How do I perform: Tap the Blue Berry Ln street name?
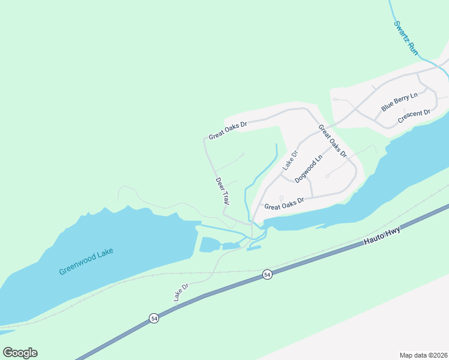[x=399, y=102]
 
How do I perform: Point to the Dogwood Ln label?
[x=309, y=168]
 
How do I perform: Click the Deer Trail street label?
[x=223, y=191]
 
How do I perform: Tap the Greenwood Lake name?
[x=86, y=262]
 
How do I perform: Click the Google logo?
[x=20, y=353]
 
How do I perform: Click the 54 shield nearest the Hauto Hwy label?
[x=267, y=274]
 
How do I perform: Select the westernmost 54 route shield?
[x=154, y=319]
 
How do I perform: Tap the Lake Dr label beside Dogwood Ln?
[x=291, y=160]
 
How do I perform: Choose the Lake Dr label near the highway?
[x=181, y=292]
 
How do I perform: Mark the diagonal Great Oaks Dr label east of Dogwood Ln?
[x=333, y=141]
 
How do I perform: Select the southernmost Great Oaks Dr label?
[x=285, y=203]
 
